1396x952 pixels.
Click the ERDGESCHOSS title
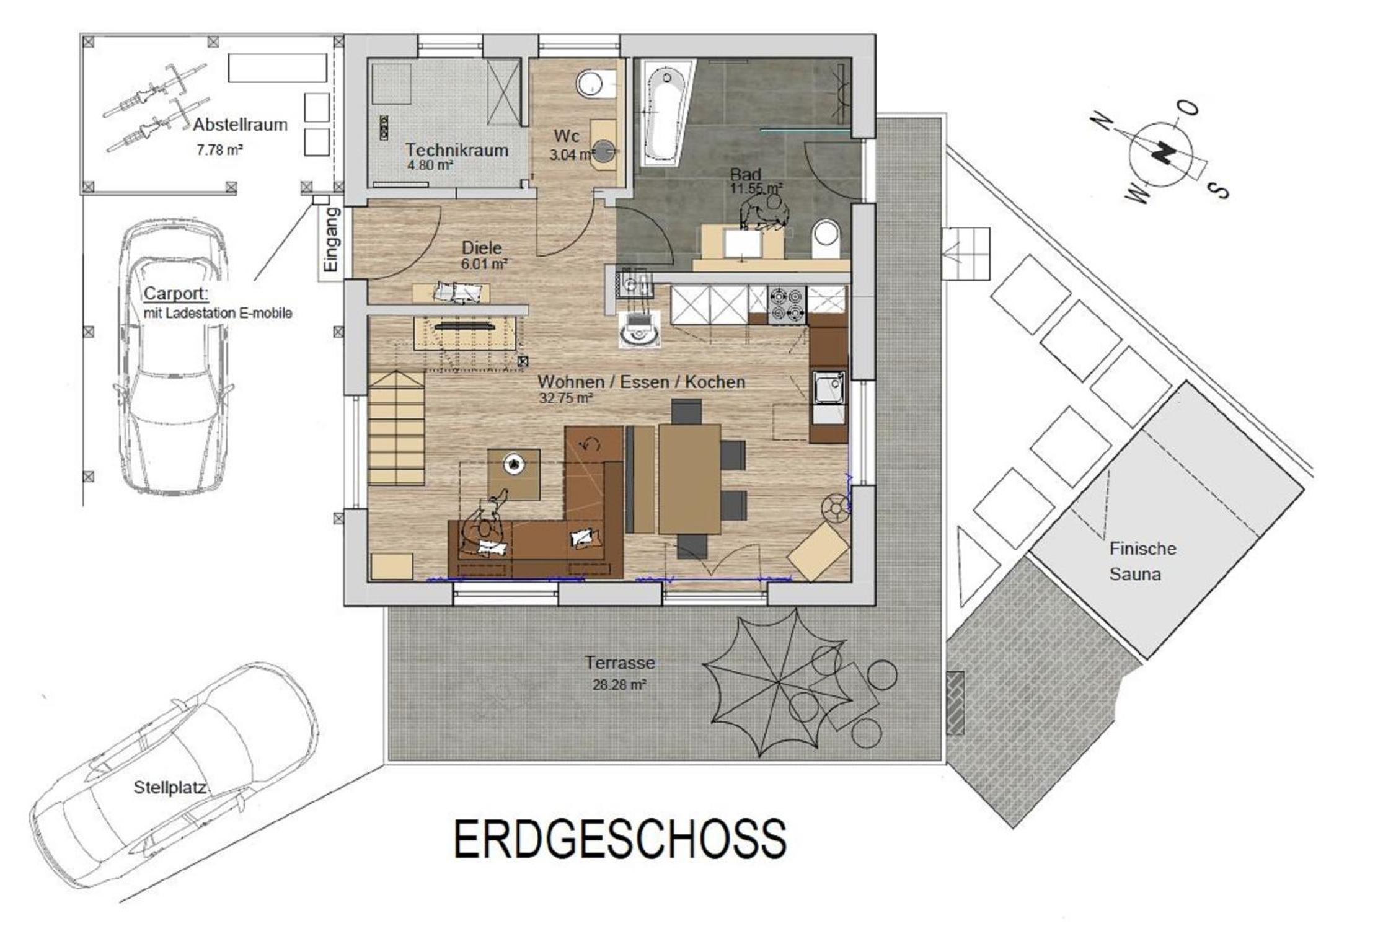pyautogui.click(x=621, y=839)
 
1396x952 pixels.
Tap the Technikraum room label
pyautogui.click(x=457, y=150)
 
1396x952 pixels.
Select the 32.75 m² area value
pyautogui.click(x=566, y=398)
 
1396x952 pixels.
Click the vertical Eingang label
pyautogui.click(x=332, y=239)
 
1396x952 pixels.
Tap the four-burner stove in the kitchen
pyautogui.click(x=787, y=305)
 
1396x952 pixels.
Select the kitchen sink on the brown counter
pyautogui.click(x=828, y=388)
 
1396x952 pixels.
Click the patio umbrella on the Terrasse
pyautogui.click(x=779, y=682)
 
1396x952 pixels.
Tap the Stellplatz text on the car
pyautogui.click(x=170, y=787)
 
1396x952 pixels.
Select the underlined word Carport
pyautogui.click(x=176, y=293)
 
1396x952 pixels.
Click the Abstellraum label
pyautogui.click(x=240, y=125)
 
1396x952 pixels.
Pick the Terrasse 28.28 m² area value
pyautogui.click(x=619, y=685)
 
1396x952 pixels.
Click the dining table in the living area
pyautogui.click(x=689, y=478)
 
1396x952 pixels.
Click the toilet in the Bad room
pyautogui.click(x=826, y=239)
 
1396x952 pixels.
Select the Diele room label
pyautogui.click(x=482, y=248)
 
